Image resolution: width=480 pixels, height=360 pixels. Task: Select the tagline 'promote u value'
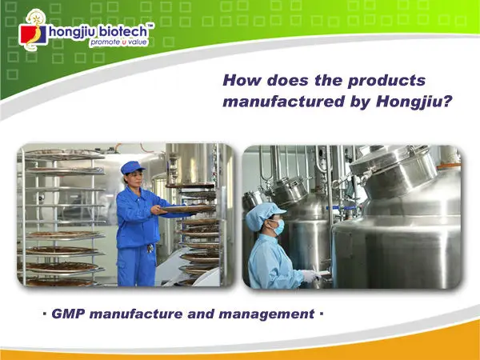pos(118,42)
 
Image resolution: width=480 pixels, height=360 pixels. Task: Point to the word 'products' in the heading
pos(386,81)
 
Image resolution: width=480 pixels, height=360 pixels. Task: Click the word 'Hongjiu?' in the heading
pos(414,102)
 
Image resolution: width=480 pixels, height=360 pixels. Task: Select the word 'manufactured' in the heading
pos(284,102)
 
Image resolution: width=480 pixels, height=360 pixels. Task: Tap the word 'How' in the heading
pos(242,80)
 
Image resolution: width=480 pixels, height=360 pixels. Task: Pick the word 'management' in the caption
pos(266,314)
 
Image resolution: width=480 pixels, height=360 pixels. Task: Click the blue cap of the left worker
pos(132,167)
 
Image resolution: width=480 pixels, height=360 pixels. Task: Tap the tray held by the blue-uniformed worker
pos(187,209)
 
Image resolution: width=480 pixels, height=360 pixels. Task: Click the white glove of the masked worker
pos(310,275)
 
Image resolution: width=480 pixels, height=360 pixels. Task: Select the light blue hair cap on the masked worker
pos(262,215)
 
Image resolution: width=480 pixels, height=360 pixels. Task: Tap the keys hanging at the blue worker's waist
pos(150,248)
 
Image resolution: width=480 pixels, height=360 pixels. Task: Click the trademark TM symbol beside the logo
pos(150,25)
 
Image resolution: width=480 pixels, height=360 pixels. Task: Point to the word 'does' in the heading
pos(287,80)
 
